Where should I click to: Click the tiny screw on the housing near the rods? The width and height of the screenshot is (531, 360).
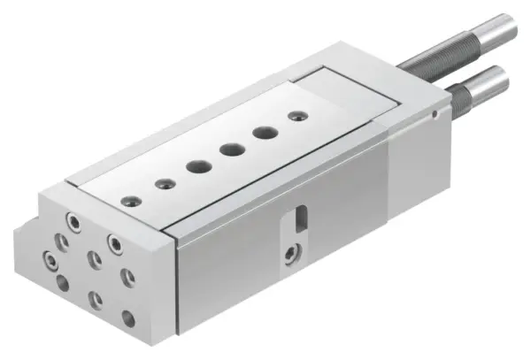[x=433, y=114]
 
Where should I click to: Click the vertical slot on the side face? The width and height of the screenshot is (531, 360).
[x=301, y=216]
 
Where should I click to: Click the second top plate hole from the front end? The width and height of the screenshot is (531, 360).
[x=163, y=183]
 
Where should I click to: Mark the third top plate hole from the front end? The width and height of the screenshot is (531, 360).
[x=196, y=166]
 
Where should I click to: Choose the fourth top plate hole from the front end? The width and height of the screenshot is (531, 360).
[x=229, y=149]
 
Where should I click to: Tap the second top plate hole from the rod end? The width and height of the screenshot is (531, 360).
[x=262, y=133]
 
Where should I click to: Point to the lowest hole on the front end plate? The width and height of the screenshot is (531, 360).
[x=127, y=319]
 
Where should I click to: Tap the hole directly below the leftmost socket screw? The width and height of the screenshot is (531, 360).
[x=63, y=283]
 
